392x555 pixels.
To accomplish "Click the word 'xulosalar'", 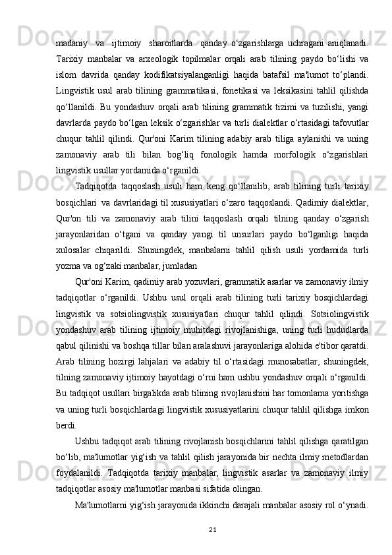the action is pos(79,237).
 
